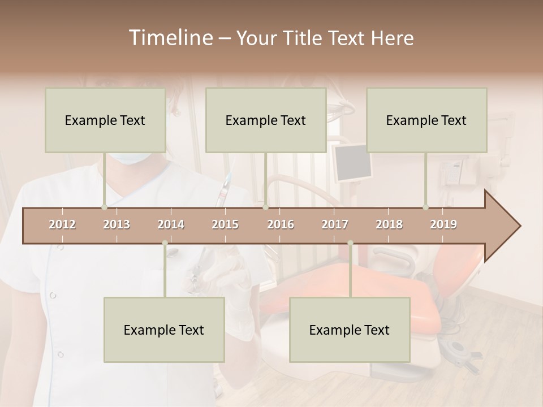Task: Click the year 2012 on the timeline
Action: [x=62, y=224]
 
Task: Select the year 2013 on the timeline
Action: [x=117, y=224]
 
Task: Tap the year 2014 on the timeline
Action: [x=171, y=224]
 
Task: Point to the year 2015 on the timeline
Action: [x=225, y=224]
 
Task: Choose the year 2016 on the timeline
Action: [x=281, y=224]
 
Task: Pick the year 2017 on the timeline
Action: [x=335, y=224]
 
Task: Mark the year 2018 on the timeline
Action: [x=389, y=224]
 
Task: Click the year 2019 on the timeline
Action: [x=443, y=224]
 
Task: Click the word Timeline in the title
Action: [x=170, y=38]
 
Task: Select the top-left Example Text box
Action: [x=105, y=120]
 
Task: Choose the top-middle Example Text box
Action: [x=266, y=120]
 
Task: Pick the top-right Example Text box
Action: [x=426, y=120]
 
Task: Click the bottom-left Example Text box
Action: [x=164, y=330]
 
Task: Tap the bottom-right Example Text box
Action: [x=350, y=330]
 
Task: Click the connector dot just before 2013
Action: [x=104, y=207]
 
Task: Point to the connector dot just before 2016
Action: [x=265, y=207]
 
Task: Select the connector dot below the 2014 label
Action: [x=165, y=243]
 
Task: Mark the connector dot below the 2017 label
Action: [x=350, y=243]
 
